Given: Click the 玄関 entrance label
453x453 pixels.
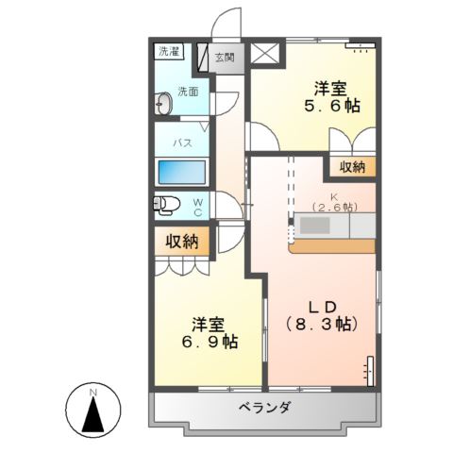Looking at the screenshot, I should click(224, 57).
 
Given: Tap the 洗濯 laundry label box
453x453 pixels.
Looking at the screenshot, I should click(169, 51).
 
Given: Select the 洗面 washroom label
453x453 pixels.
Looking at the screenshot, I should click(188, 92).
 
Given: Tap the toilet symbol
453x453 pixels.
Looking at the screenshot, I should click(168, 205).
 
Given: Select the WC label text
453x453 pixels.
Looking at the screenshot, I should click(198, 207).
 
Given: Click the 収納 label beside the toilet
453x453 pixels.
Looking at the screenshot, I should click(182, 242).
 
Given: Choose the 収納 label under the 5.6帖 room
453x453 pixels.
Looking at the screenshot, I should click(352, 167).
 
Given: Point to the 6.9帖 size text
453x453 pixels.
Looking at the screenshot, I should click(210, 341).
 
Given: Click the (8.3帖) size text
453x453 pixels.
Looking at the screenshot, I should click(320, 324).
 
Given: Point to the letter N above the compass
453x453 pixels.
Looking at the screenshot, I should click(92, 391).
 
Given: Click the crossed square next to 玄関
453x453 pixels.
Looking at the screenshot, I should click(261, 55).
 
